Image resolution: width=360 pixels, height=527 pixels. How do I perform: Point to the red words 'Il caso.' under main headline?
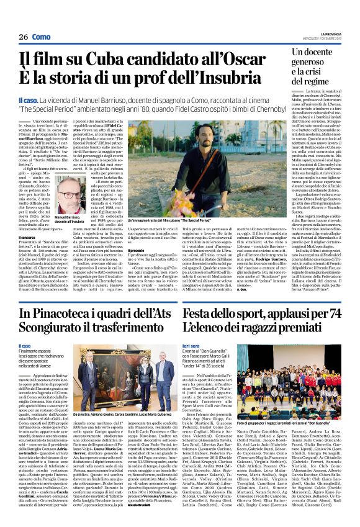coord(30,99)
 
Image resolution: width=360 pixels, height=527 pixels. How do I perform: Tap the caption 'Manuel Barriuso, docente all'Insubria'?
coord(69,218)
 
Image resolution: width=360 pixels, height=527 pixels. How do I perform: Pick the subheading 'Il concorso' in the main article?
coord(27,237)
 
